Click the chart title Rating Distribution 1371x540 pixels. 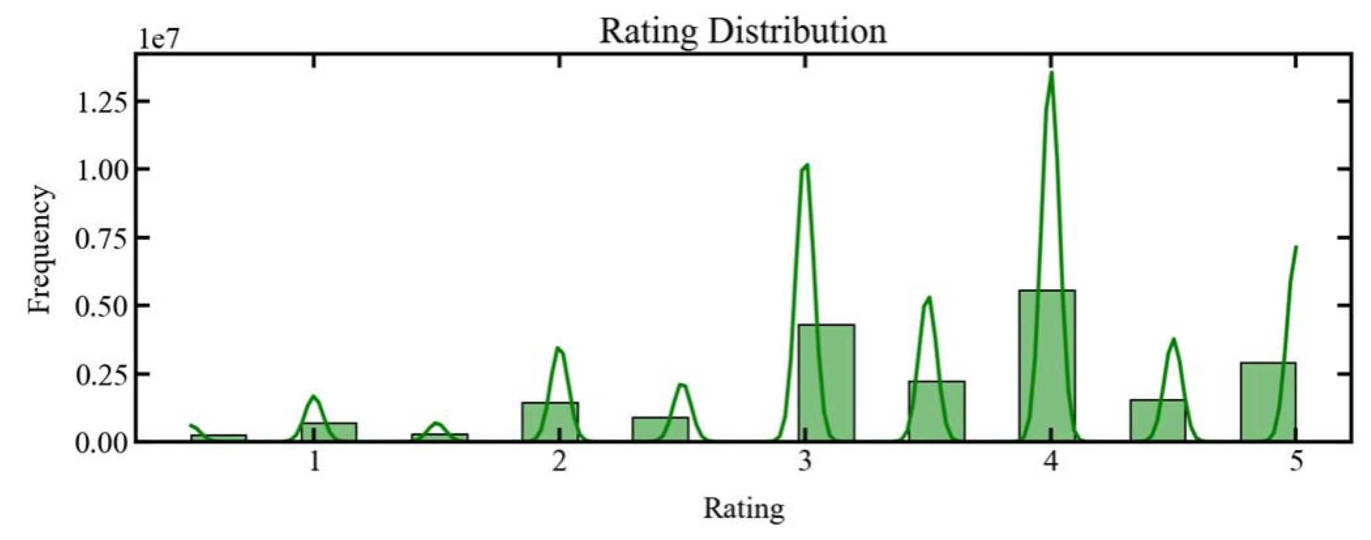point(743,31)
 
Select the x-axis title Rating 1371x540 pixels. point(743,508)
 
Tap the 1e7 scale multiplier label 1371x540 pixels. point(158,39)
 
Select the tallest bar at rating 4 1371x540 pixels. point(1046,366)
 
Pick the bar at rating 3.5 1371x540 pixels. point(936,411)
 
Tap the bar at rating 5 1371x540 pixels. point(1268,402)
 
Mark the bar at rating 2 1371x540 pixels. point(549,422)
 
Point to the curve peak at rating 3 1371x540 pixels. point(807,165)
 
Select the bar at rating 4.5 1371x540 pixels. point(1157,421)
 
